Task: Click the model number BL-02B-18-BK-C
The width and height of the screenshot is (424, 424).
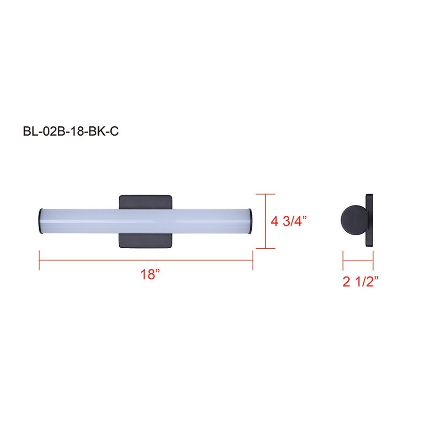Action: (70, 131)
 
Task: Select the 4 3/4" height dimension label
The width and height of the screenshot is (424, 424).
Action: (292, 221)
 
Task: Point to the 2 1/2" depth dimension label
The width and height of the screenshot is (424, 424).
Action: (361, 282)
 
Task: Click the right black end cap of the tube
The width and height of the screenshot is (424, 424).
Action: (253, 220)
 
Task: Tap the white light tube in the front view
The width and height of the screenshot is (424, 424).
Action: (146, 220)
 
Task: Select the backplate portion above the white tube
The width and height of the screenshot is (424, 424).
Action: (146, 201)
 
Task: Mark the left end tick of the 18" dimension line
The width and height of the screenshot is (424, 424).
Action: (39, 261)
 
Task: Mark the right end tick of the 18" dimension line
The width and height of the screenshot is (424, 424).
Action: (253, 261)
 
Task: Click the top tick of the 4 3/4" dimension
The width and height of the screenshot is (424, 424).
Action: (266, 194)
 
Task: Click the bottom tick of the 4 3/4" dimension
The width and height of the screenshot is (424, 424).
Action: (266, 248)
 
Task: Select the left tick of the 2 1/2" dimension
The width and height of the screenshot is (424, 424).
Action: (343, 260)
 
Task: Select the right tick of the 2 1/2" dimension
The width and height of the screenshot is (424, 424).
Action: (373, 260)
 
